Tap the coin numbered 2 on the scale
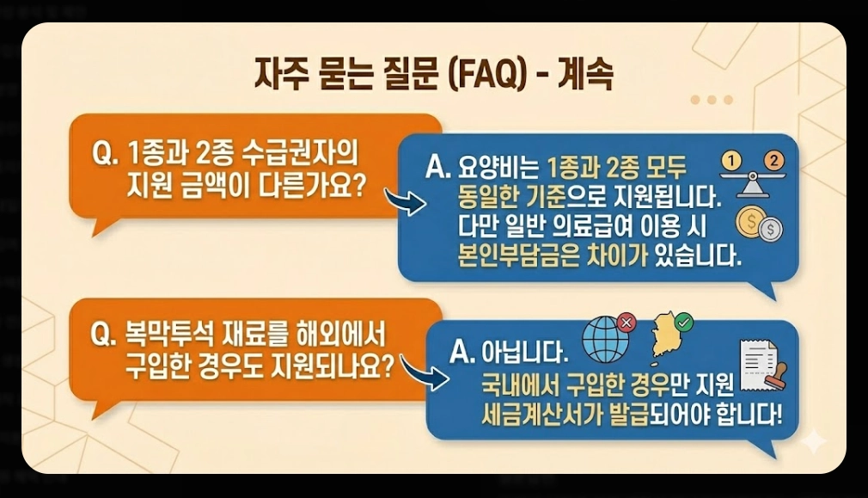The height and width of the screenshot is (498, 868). click(x=774, y=160)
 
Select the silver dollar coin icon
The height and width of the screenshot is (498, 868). click(x=771, y=230)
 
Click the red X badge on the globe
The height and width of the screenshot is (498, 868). click(x=627, y=323)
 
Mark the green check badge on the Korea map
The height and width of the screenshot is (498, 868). click(x=684, y=322)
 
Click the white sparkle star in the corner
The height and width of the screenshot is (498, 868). click(x=812, y=441)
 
